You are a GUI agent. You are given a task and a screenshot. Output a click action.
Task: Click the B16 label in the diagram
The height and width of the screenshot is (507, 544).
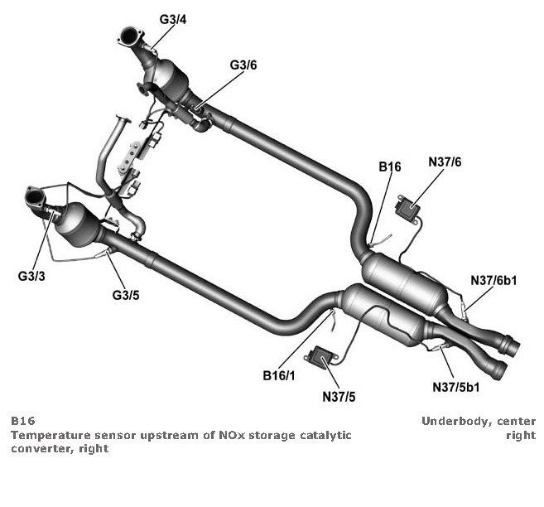[390, 167]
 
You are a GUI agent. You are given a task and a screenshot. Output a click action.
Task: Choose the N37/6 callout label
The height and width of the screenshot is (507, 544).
[445, 163]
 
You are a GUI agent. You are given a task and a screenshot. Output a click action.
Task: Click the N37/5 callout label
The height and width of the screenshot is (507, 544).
[339, 396]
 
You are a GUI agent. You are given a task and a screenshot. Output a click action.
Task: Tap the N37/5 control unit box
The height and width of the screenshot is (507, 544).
[319, 357]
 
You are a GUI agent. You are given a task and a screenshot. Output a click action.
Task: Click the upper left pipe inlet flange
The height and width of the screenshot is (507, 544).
[130, 37]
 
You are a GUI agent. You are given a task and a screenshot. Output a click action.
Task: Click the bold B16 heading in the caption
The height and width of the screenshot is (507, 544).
[22, 421]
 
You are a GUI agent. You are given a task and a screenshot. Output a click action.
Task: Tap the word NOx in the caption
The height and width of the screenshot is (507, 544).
[241, 434]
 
